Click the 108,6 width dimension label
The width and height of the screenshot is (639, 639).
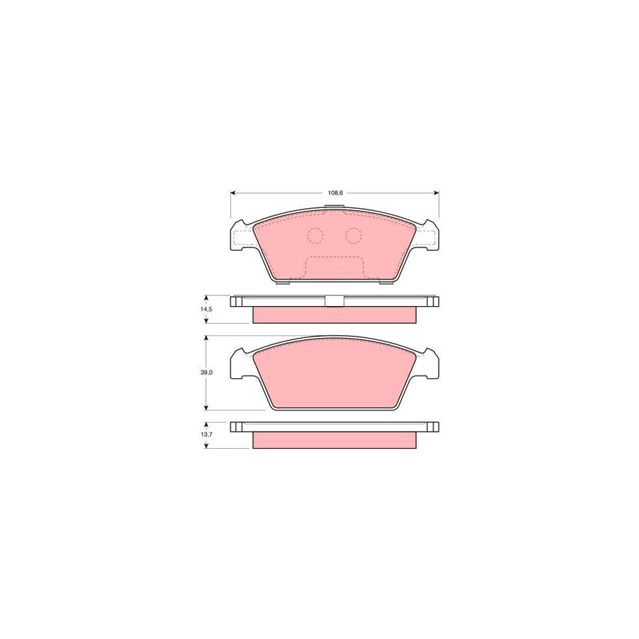(334, 193)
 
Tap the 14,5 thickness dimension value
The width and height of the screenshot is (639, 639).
(206, 310)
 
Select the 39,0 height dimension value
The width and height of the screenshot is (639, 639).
(206, 373)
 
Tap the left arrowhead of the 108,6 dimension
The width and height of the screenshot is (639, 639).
(233, 193)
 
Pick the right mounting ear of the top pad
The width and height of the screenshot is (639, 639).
(428, 236)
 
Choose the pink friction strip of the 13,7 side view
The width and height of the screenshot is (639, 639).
(334, 441)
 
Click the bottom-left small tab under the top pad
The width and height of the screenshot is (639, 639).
(283, 283)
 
